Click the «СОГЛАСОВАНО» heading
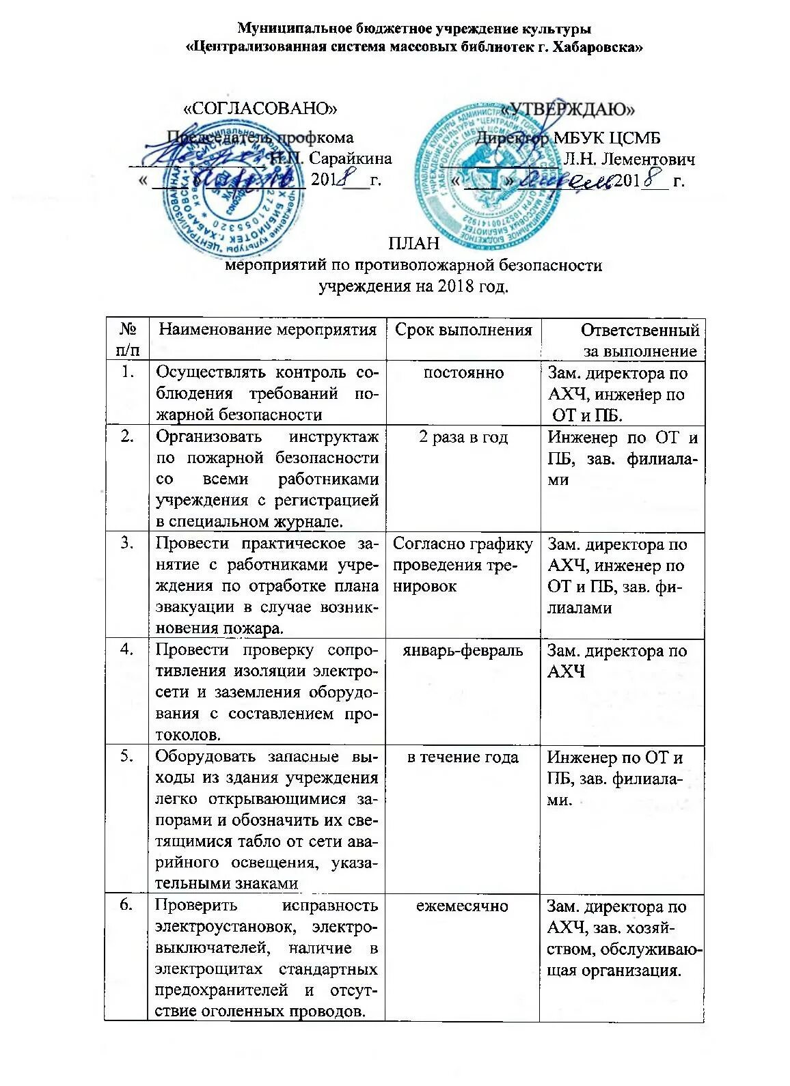click(x=262, y=108)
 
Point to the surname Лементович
click(x=629, y=159)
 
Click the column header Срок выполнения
click(x=463, y=331)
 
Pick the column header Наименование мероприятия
click(x=267, y=330)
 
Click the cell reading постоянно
click(x=463, y=373)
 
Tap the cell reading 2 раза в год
click(x=463, y=437)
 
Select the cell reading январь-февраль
click(x=463, y=650)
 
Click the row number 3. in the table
click(x=126, y=544)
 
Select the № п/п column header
click(x=126, y=340)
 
